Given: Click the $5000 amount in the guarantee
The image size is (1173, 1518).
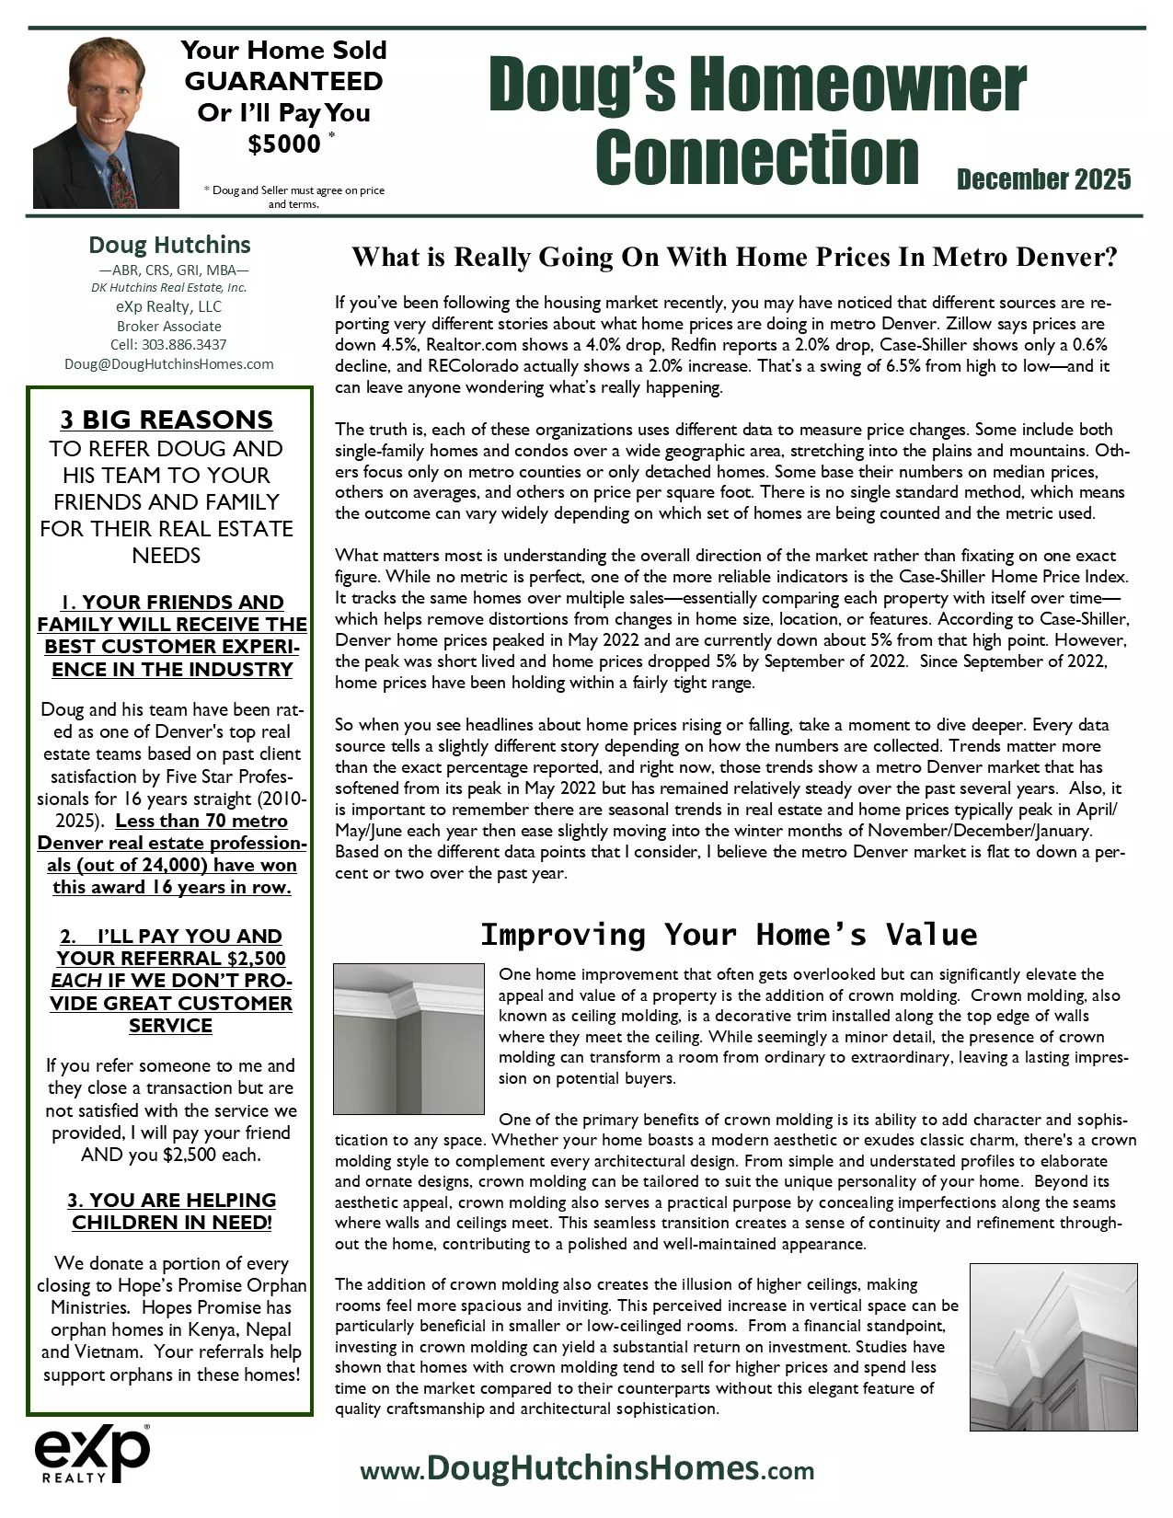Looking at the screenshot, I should [x=284, y=144].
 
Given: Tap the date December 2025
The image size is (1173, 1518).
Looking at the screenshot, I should [x=1043, y=178].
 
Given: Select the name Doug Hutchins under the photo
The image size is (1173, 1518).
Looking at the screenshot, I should [x=169, y=245].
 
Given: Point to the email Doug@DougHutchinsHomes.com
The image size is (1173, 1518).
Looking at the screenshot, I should [x=169, y=363].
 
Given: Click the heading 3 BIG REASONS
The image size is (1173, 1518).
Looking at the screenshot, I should [x=167, y=420].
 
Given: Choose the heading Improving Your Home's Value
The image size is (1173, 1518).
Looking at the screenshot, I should [x=729, y=935].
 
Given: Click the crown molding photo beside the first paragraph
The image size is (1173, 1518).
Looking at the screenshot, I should [x=408, y=1039].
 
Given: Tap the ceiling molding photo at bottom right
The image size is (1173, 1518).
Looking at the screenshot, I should [x=1052, y=1347].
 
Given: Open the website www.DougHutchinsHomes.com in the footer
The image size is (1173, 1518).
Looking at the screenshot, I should [x=587, y=1468].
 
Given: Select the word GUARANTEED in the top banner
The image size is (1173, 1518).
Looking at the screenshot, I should [x=283, y=81].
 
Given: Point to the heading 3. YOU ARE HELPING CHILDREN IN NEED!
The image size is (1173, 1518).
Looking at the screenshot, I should [x=171, y=1211].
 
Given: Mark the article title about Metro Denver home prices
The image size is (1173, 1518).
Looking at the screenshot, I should [x=734, y=257].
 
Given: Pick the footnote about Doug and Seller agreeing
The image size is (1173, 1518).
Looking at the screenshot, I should [x=293, y=197].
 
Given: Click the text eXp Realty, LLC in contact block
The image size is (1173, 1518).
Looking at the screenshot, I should [x=169, y=306].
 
